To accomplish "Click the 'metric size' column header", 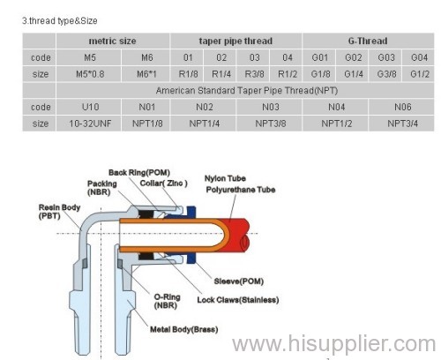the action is (x=112, y=41).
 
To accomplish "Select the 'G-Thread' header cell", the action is (x=368, y=41).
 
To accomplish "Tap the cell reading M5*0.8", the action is (x=90, y=74).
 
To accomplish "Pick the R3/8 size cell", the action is (x=254, y=74).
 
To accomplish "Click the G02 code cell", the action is (x=353, y=57).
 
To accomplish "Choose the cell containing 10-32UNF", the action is (x=90, y=124).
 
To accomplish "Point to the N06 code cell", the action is (x=402, y=107).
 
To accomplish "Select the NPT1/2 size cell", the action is (x=336, y=124).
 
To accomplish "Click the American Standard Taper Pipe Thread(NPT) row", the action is (x=246, y=91).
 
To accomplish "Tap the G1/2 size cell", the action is (x=420, y=74).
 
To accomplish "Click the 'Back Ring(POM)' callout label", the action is (x=139, y=173).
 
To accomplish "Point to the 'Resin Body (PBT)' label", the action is (x=59, y=212).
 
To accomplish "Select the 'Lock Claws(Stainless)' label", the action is (x=238, y=300).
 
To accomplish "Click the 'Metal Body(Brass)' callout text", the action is (x=184, y=329).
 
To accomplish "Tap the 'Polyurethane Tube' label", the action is (x=241, y=190).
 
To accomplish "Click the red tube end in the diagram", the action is (x=236, y=235).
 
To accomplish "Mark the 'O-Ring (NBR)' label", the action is (x=167, y=301).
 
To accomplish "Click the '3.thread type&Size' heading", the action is (x=60, y=21).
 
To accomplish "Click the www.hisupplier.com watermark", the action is (x=333, y=343).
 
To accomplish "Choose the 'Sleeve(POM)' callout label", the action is (x=239, y=281).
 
